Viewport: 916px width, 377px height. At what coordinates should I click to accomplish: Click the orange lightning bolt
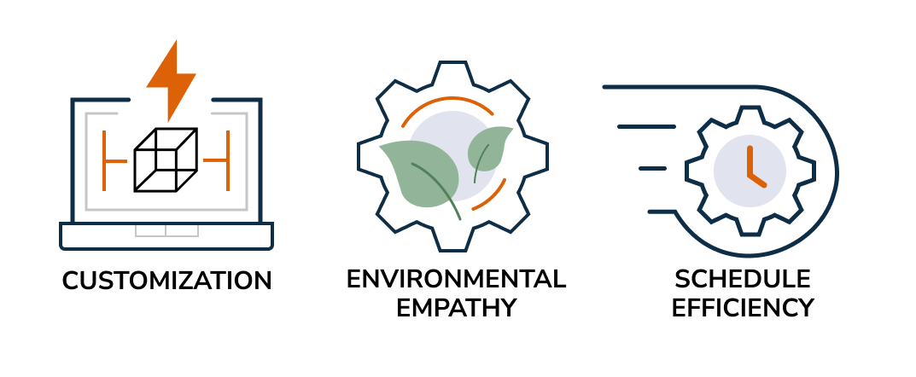pyautogui.click(x=171, y=78)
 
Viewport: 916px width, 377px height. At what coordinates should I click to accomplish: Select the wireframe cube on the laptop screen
pyautogui.click(x=166, y=159)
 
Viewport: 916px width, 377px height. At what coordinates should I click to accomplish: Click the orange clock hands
pyautogui.click(x=752, y=165)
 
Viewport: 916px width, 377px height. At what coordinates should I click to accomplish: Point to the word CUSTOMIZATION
pyautogui.click(x=167, y=281)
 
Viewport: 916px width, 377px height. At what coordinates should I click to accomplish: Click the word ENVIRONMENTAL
pyautogui.click(x=456, y=279)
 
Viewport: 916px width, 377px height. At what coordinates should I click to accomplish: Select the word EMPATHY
pyautogui.click(x=456, y=307)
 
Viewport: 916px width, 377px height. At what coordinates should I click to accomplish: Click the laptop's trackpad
pyautogui.click(x=166, y=230)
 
